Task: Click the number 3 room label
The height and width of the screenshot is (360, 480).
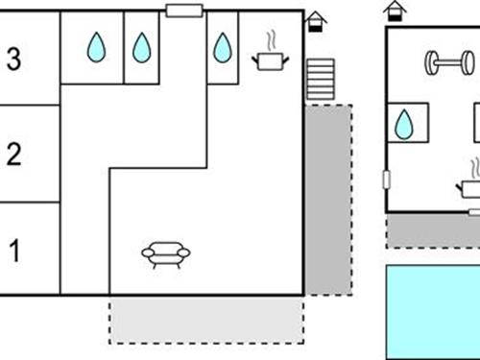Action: (x=13, y=59)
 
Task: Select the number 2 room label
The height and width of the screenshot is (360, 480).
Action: (x=13, y=155)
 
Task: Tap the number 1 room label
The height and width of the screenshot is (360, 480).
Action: (x=13, y=252)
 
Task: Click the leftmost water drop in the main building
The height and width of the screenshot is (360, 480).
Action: (x=96, y=47)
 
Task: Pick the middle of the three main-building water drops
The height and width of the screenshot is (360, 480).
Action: (x=141, y=47)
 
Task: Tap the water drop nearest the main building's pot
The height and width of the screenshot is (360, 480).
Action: (x=223, y=47)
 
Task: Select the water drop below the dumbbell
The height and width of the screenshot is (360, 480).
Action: (x=404, y=124)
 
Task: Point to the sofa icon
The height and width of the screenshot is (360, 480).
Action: (x=165, y=252)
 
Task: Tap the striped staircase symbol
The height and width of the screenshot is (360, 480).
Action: (x=320, y=78)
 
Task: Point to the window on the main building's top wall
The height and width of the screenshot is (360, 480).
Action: (x=182, y=11)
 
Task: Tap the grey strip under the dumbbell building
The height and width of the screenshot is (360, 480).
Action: (x=432, y=231)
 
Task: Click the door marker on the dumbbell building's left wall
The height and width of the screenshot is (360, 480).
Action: (x=386, y=179)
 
